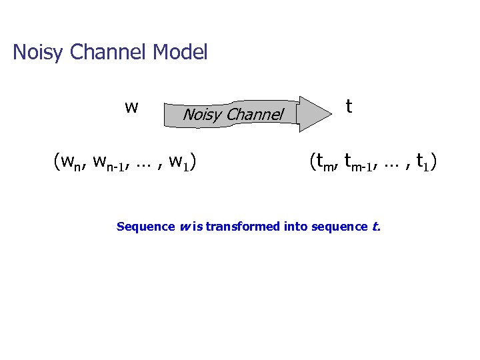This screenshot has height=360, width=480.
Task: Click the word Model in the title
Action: coord(180,52)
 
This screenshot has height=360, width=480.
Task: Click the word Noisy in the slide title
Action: coord(37,52)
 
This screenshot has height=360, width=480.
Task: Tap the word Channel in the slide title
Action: coord(107,52)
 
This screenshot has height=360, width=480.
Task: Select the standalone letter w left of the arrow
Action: coord(131,107)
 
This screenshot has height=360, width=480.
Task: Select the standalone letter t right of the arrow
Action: coord(349,106)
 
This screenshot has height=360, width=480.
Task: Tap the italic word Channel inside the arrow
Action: coord(255,115)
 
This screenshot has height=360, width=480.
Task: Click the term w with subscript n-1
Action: coord(111,162)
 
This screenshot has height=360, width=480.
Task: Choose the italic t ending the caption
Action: coord(376,227)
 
